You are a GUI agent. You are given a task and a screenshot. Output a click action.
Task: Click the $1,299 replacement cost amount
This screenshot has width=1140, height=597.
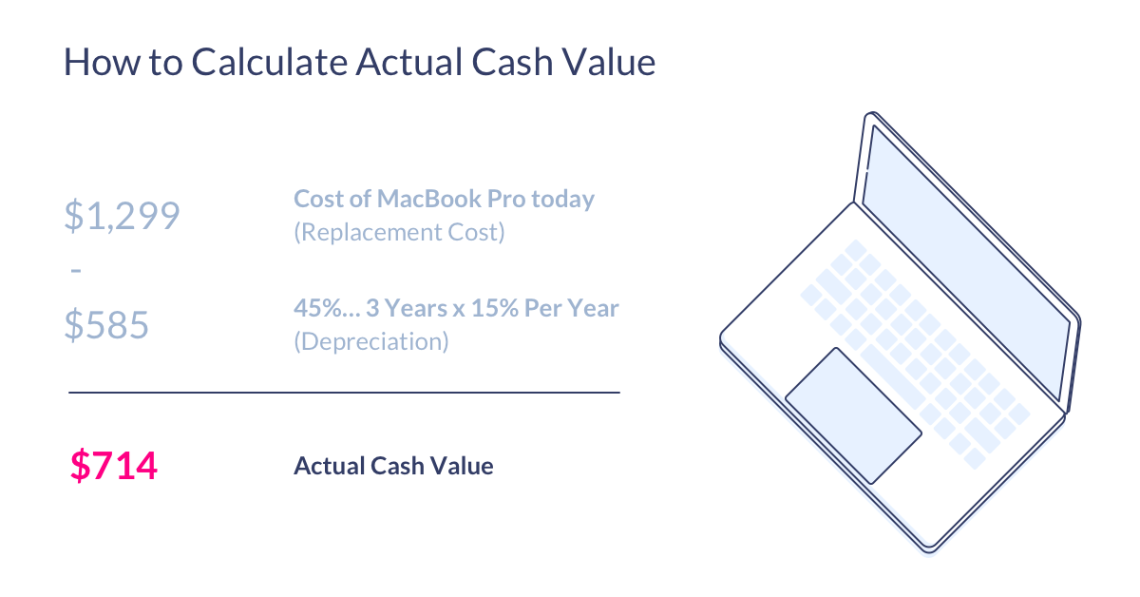(x=122, y=216)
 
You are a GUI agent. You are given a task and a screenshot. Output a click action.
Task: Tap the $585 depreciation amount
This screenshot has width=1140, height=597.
(x=106, y=324)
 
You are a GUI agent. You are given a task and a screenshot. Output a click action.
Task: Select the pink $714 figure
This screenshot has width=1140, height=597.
(x=113, y=466)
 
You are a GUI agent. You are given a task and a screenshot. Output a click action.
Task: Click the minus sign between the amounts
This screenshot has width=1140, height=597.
(x=76, y=271)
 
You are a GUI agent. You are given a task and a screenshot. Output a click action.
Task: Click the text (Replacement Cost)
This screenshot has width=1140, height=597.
(x=399, y=232)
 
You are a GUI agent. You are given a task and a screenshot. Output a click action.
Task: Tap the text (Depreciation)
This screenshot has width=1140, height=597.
(x=371, y=341)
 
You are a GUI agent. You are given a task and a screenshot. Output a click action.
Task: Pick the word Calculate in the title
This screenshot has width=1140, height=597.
(x=270, y=62)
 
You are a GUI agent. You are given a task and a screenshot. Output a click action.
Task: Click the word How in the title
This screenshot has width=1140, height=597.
(x=102, y=62)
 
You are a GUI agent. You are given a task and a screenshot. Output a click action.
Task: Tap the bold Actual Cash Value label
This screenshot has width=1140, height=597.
(x=393, y=466)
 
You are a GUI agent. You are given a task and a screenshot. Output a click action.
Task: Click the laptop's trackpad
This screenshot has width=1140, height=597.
(x=853, y=415)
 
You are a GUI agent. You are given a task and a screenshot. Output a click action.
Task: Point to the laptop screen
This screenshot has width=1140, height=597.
(x=967, y=262)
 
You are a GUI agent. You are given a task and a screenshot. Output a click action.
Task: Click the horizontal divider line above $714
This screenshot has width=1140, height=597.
(x=344, y=393)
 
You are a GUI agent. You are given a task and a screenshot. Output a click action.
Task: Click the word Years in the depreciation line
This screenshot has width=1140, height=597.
(x=413, y=308)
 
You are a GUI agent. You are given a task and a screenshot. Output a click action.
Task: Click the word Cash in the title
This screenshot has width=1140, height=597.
(x=512, y=62)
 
